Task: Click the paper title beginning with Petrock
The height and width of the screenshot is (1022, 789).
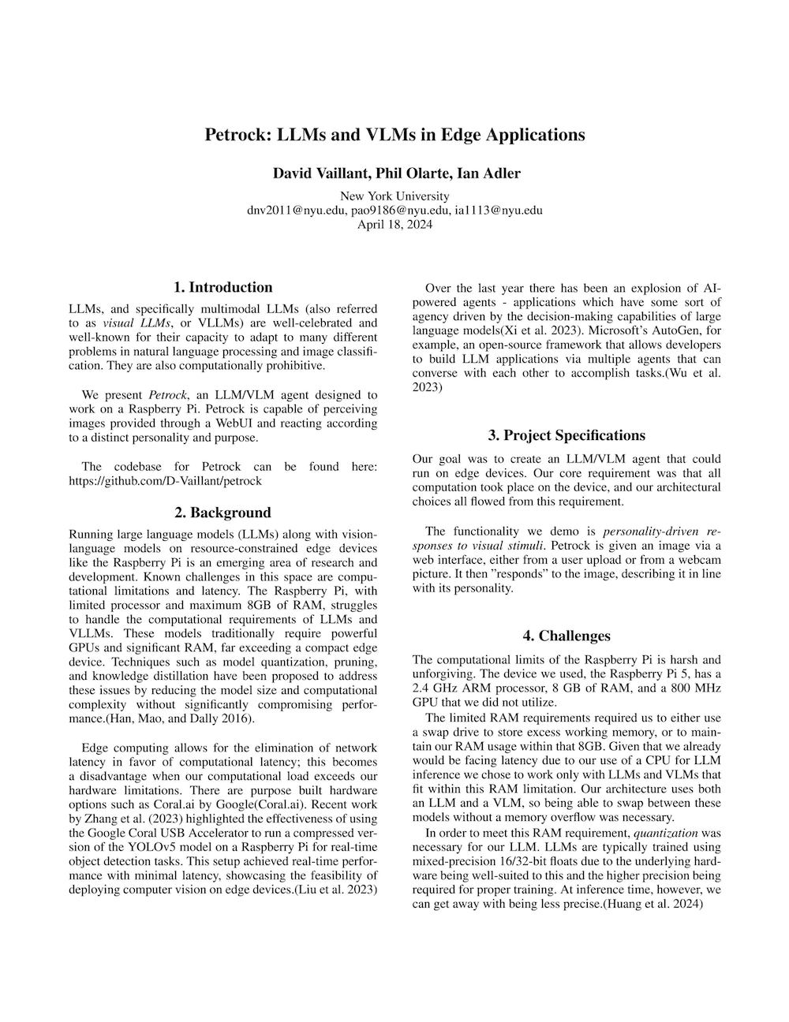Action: pos(394,134)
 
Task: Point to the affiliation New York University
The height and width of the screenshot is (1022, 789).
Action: pos(394,196)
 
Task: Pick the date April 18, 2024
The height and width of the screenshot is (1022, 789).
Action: pos(394,224)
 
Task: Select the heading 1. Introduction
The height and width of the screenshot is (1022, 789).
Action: pos(223,287)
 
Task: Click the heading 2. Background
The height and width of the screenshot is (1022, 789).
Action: pos(223,513)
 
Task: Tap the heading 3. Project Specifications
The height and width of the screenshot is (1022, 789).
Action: pos(567,435)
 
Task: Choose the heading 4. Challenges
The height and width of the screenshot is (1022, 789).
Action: pos(567,636)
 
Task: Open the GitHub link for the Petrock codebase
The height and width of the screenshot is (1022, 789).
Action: pos(166,480)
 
